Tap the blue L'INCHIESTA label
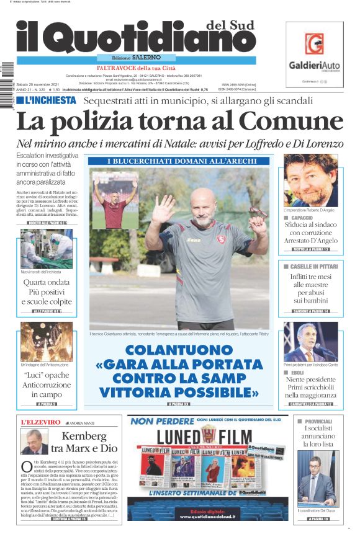47,100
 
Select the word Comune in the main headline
291,121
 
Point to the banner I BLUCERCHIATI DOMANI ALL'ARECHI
179,161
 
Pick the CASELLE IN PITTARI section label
313,266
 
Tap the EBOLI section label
297,373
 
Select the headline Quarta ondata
47,282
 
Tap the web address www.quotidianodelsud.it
205,515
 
